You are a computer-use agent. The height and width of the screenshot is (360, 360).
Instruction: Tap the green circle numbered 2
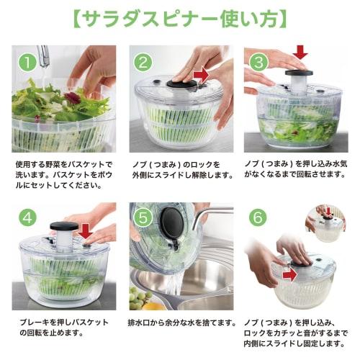pyautogui.click(x=144, y=63)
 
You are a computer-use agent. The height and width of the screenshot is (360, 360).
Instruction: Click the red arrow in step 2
pyautogui.click(x=203, y=74)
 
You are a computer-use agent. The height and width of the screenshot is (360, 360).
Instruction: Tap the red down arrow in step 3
pyautogui.click(x=300, y=52)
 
